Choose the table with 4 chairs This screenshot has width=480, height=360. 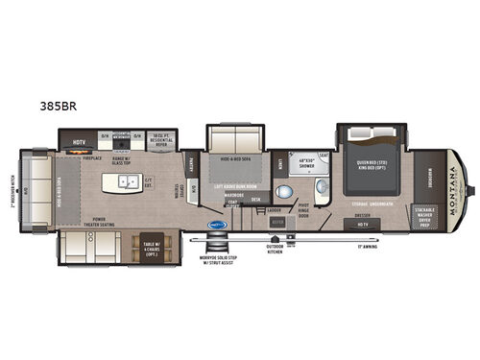coord(151,248)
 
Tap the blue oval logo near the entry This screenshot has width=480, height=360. coord(217,226)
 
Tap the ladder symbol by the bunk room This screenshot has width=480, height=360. coord(275,209)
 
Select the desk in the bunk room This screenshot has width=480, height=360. coord(255,200)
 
